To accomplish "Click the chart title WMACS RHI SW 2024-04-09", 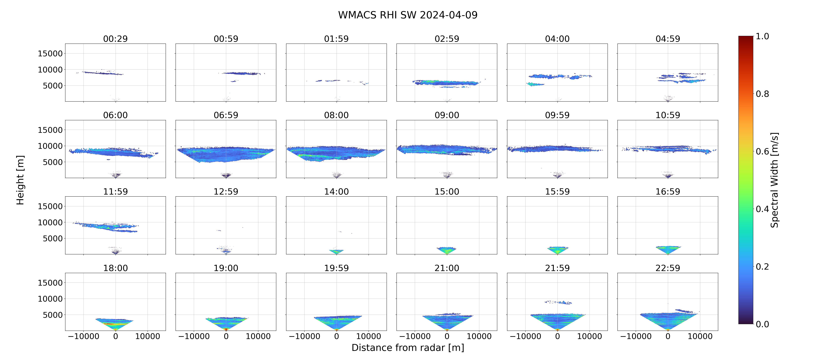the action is pyautogui.click(x=408, y=15).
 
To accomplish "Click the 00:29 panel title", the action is pyautogui.click(x=115, y=39).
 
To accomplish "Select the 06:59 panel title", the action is pyautogui.click(x=226, y=115).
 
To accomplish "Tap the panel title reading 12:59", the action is pyautogui.click(x=226, y=191).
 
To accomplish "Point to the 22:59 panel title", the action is pyautogui.click(x=668, y=268).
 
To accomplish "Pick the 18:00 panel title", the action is pyautogui.click(x=115, y=268).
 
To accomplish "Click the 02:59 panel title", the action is pyautogui.click(x=447, y=39).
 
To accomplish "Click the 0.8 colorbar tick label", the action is pyautogui.click(x=762, y=94).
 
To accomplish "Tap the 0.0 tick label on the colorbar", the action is pyautogui.click(x=762, y=324).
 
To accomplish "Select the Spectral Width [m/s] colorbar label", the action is pyautogui.click(x=774, y=180).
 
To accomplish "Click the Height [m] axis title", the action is pyautogui.click(x=20, y=180).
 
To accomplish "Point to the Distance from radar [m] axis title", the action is pyautogui.click(x=408, y=348).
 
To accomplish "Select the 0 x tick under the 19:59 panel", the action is pyautogui.click(x=336, y=336).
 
